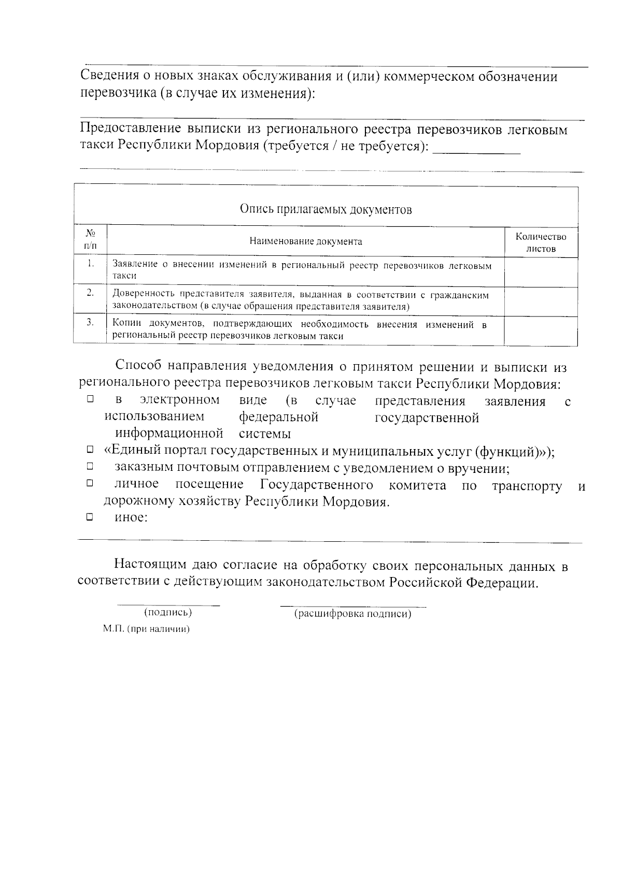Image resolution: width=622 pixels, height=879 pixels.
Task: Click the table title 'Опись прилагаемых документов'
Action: [326, 209]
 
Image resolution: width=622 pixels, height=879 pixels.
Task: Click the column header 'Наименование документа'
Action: [306, 241]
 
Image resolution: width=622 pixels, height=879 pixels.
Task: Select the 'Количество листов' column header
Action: [541, 242]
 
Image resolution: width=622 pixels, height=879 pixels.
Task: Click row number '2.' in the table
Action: [90, 293]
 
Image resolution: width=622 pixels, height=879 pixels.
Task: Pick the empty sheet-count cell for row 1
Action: [541, 271]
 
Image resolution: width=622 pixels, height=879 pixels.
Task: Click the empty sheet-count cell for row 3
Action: [541, 330]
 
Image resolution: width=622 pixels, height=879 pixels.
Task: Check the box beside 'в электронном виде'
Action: [90, 399]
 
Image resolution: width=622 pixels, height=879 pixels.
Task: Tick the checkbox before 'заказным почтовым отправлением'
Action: [90, 467]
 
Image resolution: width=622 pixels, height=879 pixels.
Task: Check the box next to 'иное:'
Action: [90, 516]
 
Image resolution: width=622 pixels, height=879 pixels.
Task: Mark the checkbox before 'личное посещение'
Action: [90, 483]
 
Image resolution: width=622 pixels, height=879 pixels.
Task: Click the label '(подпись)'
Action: [167, 612]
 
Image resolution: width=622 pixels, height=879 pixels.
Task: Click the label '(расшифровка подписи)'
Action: [352, 614]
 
